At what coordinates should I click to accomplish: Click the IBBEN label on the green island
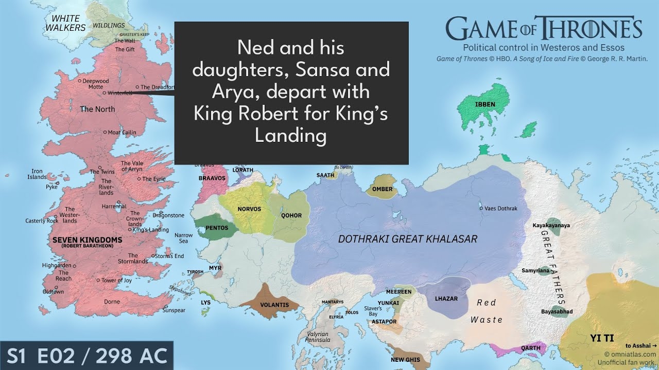tap(485, 104)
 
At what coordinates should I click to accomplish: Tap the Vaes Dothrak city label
tap(500, 209)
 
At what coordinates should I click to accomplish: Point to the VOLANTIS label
tap(274, 305)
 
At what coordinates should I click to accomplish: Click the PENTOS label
tap(217, 228)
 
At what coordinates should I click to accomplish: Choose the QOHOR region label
tap(291, 215)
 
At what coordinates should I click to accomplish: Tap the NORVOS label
tap(249, 209)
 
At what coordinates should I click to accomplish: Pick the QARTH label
tap(531, 348)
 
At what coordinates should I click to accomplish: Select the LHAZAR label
tap(446, 299)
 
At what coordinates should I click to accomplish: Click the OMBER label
tap(382, 189)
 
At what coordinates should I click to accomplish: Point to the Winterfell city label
tap(119, 93)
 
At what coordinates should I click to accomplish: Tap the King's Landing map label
tap(151, 230)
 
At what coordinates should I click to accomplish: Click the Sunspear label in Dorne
tap(174, 310)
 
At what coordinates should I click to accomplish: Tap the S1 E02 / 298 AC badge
tap(86, 356)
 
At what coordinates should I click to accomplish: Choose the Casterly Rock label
tap(42, 221)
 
